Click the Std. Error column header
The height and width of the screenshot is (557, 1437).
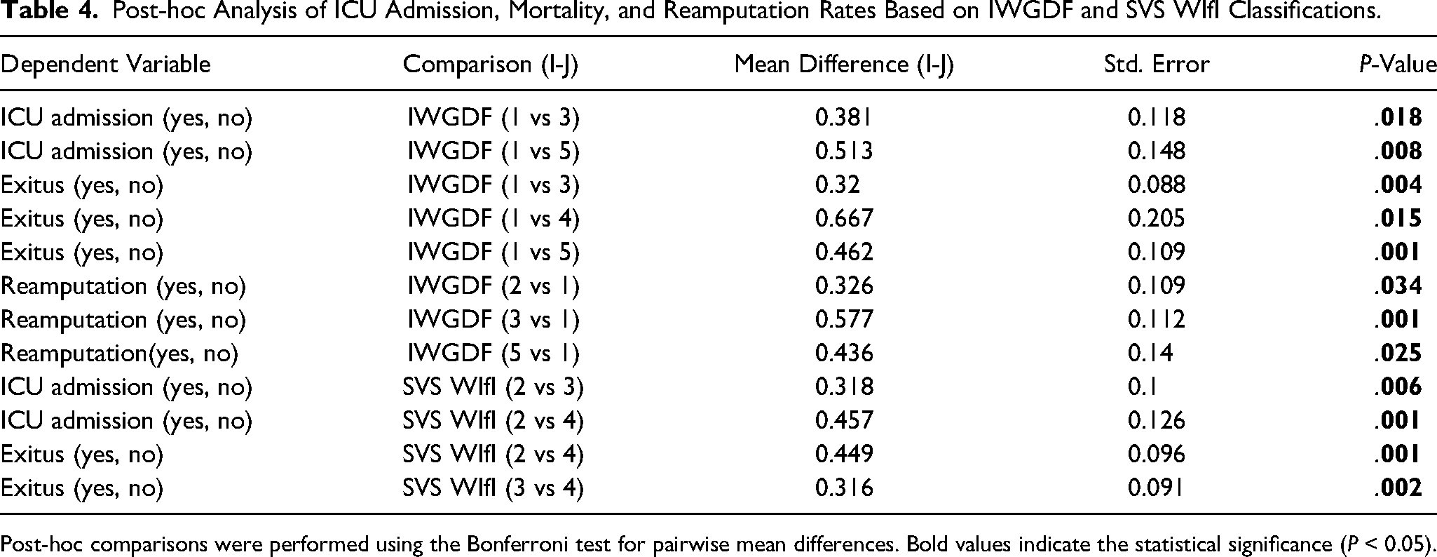click(1157, 65)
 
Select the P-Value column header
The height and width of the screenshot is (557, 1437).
click(1397, 65)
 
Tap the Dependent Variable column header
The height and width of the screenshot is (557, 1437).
click(106, 65)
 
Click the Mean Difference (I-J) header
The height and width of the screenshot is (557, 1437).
click(844, 65)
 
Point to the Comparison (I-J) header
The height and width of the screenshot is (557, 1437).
click(491, 65)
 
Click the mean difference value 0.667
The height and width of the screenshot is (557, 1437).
click(844, 219)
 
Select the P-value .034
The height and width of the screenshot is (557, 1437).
click(1398, 286)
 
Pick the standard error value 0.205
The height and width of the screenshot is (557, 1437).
click(1157, 219)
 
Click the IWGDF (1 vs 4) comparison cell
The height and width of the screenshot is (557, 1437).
click(493, 219)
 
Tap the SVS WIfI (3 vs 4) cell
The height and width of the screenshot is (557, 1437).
click(493, 488)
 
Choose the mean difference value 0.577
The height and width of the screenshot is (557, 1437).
click(844, 320)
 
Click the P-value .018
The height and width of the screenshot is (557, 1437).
click(1398, 118)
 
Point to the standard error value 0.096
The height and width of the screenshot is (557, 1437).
click(1157, 455)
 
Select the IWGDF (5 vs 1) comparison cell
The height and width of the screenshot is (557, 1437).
click(493, 354)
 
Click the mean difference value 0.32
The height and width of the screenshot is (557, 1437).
click(837, 185)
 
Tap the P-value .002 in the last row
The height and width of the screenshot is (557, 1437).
click(1398, 488)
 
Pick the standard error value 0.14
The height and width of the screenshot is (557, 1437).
click(1150, 354)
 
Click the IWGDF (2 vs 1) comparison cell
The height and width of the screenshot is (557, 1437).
click(493, 286)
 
